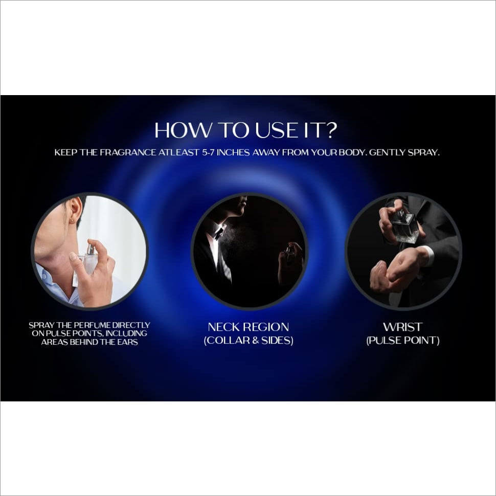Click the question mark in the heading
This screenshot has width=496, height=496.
(331, 130)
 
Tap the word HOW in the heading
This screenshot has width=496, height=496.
(182, 130)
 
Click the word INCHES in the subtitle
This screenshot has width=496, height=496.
(233, 152)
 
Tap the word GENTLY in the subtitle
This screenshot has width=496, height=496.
(388, 152)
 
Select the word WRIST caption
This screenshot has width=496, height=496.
(402, 327)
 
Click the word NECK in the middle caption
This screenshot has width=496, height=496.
(222, 327)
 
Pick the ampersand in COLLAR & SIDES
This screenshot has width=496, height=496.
(256, 341)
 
